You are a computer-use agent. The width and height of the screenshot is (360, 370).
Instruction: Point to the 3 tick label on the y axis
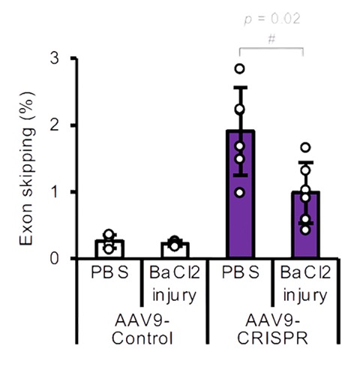[x=55, y=59]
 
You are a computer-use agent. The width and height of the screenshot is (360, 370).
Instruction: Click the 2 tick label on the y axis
[x=55, y=125]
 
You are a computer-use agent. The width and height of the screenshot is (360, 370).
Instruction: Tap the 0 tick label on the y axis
[x=55, y=259]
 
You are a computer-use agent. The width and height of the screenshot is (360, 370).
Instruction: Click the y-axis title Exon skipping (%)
[x=27, y=168]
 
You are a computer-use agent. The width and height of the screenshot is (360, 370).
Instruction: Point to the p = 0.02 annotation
[x=272, y=19]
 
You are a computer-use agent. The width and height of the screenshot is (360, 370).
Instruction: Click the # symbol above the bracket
[x=271, y=39]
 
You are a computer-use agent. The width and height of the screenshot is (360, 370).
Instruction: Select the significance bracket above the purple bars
[x=271, y=48]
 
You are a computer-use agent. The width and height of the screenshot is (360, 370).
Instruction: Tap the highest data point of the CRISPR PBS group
[x=240, y=68]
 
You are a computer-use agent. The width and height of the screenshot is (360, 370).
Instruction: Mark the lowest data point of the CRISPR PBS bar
[x=240, y=193]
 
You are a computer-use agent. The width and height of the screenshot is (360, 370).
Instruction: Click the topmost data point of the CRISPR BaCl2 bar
[x=306, y=147]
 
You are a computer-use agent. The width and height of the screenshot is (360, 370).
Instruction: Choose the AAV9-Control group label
[x=142, y=329]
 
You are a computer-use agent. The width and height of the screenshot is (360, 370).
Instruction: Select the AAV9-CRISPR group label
[x=272, y=329]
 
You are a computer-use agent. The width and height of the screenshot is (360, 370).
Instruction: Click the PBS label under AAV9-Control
[x=109, y=272]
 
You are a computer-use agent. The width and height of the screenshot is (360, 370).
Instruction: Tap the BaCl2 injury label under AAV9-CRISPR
[x=305, y=284]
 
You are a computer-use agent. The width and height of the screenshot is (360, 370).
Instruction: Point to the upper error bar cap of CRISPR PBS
[x=240, y=88]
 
